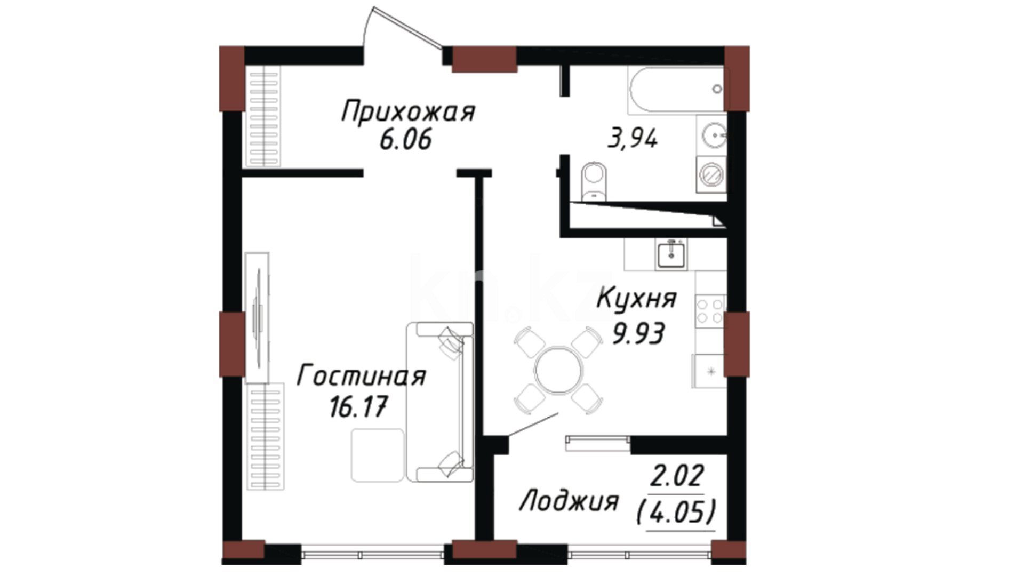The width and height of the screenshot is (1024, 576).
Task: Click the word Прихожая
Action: point(408,113)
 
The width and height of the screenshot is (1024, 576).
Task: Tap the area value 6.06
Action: point(405,141)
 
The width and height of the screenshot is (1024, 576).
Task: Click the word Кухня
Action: point(636,298)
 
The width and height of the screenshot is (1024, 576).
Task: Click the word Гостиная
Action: point(361,375)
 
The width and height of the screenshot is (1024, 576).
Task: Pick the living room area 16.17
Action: point(357,408)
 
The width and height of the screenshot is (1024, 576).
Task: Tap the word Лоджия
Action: point(569,501)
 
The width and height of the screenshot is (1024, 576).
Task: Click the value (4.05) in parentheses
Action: point(676,514)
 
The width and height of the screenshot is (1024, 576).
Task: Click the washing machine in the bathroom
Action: point(712,174)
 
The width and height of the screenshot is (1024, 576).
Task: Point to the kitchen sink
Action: point(671,253)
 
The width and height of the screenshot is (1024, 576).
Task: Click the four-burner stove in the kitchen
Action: point(710,311)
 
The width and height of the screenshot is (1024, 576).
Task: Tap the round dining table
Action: point(558,370)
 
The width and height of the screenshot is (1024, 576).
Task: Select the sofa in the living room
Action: point(439,402)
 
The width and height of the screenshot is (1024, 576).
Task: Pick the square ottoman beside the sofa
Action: point(378,455)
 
